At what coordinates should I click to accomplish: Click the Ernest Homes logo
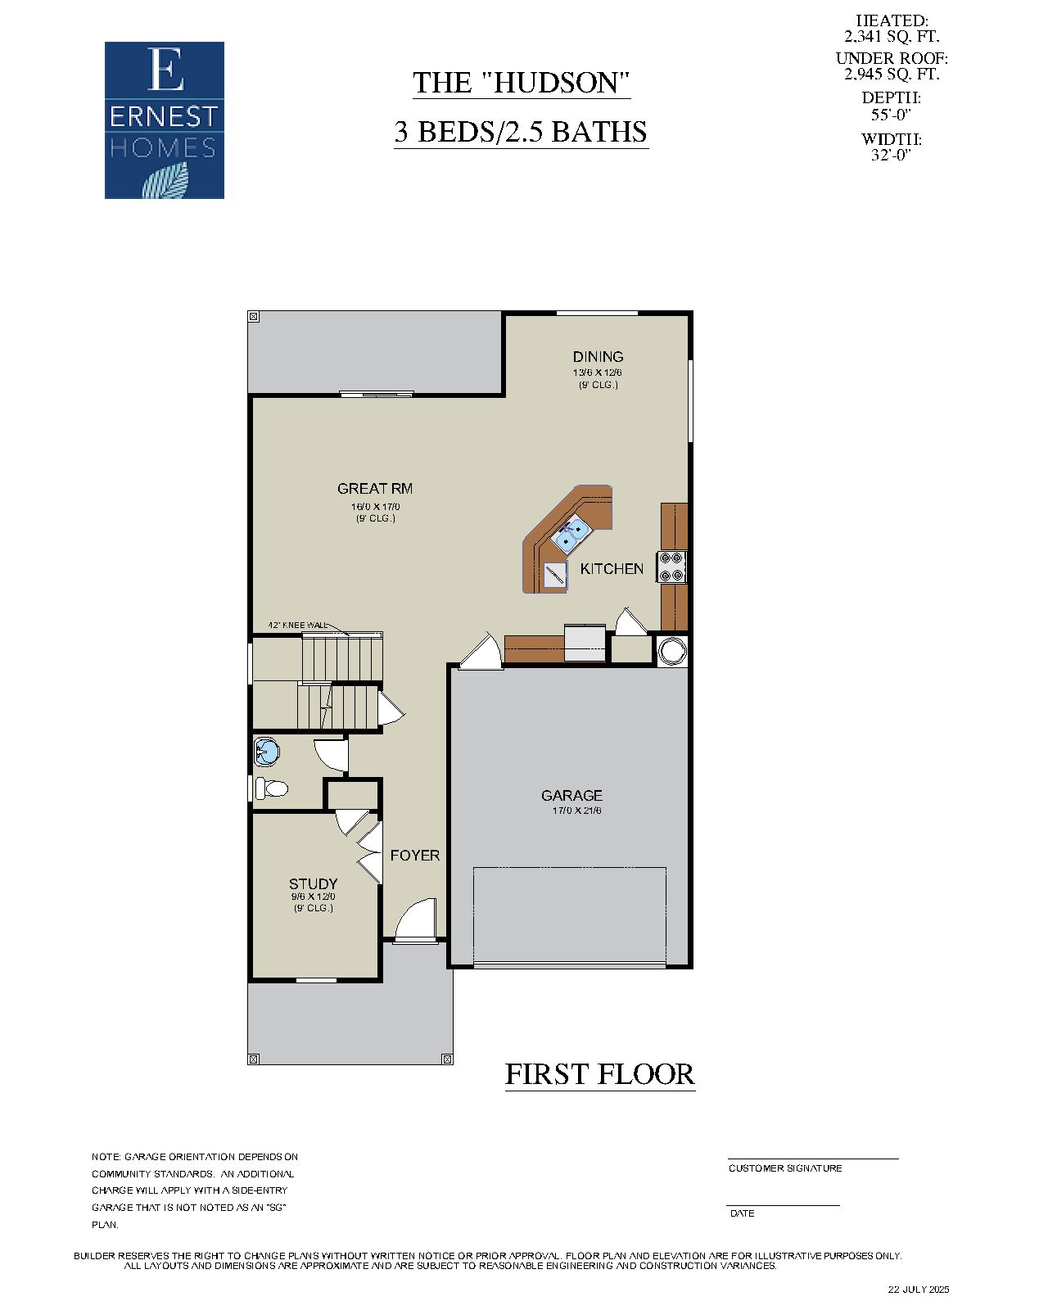[x=164, y=120]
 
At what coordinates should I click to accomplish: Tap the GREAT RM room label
[x=375, y=489]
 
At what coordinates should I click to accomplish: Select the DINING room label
[x=598, y=357]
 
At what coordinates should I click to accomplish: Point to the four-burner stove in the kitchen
[x=672, y=567]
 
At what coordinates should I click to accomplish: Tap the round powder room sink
[x=267, y=748]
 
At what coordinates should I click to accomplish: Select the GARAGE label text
[x=571, y=795]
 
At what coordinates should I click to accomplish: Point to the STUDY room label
[x=313, y=884]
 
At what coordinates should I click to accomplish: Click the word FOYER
[x=414, y=856]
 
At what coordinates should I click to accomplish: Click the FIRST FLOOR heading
[x=599, y=1074]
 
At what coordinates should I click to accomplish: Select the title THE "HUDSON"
[x=521, y=83]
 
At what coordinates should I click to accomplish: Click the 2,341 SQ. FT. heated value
[x=892, y=37]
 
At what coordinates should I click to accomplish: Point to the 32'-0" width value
[x=891, y=155]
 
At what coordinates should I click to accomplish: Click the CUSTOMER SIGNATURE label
[x=785, y=1168]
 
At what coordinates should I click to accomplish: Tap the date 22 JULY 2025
[x=919, y=1289]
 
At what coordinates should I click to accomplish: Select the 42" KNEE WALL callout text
[x=296, y=626]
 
